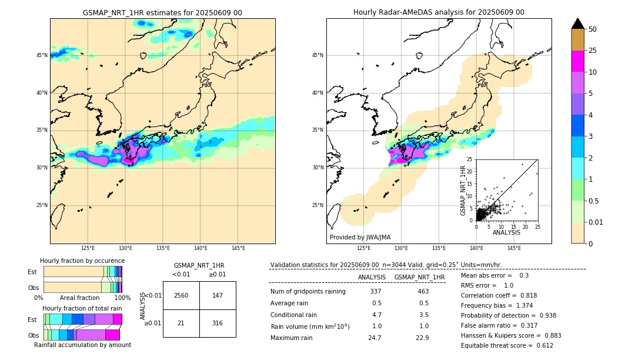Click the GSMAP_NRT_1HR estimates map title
pyautogui.click(x=162, y=12)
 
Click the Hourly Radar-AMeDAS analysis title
pyautogui.click(x=439, y=12)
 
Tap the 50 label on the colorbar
pyautogui.click(x=593, y=29)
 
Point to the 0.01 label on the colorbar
pyautogui.click(x=596, y=222)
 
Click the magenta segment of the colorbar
pyautogui.click(x=578, y=61)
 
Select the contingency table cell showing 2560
pyautogui.click(x=181, y=295)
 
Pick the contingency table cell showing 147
pyautogui.click(x=218, y=295)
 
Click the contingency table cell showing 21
pyautogui.click(x=181, y=323)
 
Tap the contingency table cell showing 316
pyautogui.click(x=218, y=323)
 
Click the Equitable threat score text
pyautogui.click(x=507, y=345)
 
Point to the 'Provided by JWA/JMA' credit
pyautogui.click(x=360, y=238)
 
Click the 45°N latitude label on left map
pyautogui.click(x=42, y=55)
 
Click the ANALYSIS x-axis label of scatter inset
pyautogui.click(x=506, y=232)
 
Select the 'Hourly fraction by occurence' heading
pyautogui.click(x=82, y=261)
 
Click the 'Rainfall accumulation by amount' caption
pyautogui.click(x=82, y=345)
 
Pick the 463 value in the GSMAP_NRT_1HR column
pyautogui.click(x=423, y=291)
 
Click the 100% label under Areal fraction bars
pyautogui.click(x=122, y=298)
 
